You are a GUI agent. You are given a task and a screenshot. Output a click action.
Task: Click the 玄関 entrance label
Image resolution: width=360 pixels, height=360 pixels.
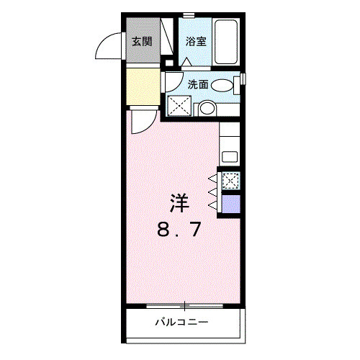(142, 41)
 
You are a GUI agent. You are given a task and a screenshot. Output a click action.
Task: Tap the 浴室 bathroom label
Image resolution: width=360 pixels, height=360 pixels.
(196, 41)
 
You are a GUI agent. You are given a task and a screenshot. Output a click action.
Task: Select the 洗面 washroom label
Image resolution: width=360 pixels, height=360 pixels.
(198, 84)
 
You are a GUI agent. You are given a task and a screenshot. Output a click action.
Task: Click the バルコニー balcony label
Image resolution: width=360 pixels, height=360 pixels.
(181, 321)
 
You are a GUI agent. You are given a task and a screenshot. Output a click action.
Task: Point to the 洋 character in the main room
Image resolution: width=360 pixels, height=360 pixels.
(180, 204)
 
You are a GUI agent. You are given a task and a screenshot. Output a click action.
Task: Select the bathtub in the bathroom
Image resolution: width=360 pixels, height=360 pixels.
(228, 41)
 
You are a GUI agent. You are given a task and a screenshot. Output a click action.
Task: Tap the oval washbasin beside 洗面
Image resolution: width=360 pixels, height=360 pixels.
(224, 85)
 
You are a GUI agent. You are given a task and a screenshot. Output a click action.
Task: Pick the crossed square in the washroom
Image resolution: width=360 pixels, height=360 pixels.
(179, 106)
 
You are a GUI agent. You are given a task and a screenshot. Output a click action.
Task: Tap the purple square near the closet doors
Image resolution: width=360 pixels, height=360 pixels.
(232, 204)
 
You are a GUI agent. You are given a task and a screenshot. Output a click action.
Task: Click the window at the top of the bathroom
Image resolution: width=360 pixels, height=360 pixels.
(189, 14)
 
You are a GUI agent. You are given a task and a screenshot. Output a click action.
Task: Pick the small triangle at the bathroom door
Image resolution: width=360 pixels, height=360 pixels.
(186, 63)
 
